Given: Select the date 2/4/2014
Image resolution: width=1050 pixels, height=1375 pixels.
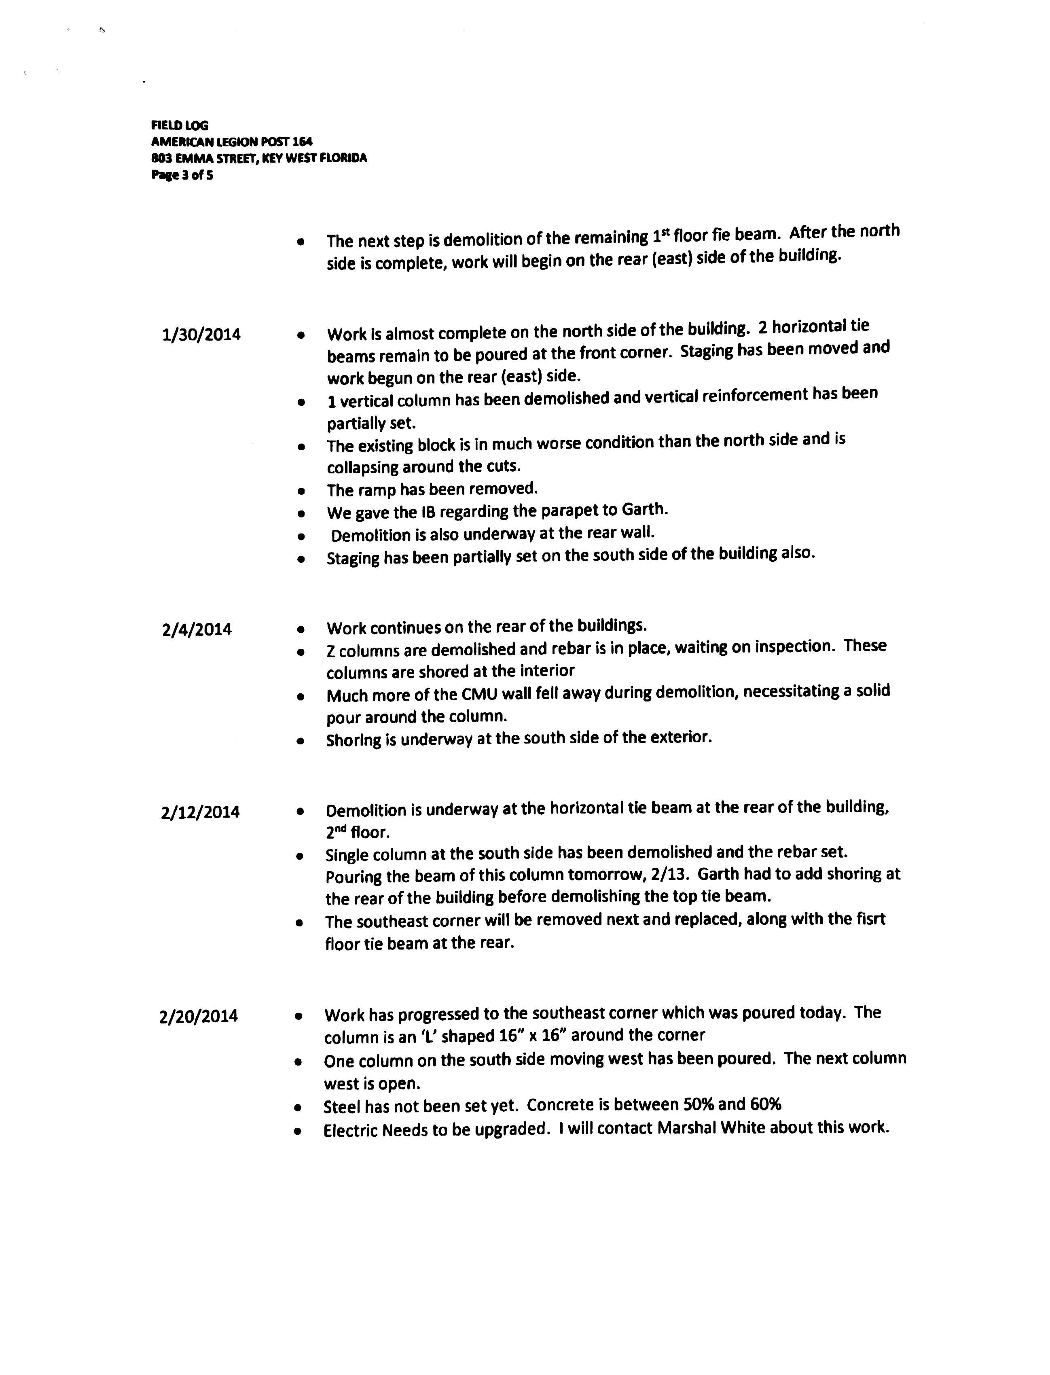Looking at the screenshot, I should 196,629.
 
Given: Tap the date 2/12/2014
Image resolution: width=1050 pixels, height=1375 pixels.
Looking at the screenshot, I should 200,812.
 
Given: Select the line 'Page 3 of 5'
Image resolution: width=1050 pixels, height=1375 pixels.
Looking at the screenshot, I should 182,175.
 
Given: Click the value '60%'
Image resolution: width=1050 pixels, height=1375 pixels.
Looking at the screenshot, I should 766,1104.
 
